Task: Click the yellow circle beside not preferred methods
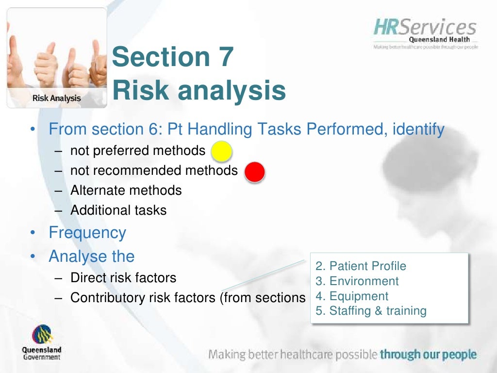click(x=221, y=151)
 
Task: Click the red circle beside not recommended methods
click(x=254, y=171)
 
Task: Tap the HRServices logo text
click(x=425, y=27)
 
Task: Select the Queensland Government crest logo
click(x=41, y=335)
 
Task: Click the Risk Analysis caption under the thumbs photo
click(x=56, y=98)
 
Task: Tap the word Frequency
click(x=87, y=233)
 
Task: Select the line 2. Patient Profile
click(x=361, y=266)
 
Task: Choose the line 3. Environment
click(x=357, y=281)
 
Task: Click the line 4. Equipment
click(x=352, y=296)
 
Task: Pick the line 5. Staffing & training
click(x=371, y=311)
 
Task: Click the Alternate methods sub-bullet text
click(x=126, y=190)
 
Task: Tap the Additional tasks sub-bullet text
click(x=118, y=210)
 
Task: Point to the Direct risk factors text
click(x=123, y=278)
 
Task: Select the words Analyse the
click(x=92, y=256)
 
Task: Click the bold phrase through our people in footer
click(x=428, y=355)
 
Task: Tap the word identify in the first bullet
click(x=419, y=130)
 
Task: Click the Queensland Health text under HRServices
click(x=439, y=40)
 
